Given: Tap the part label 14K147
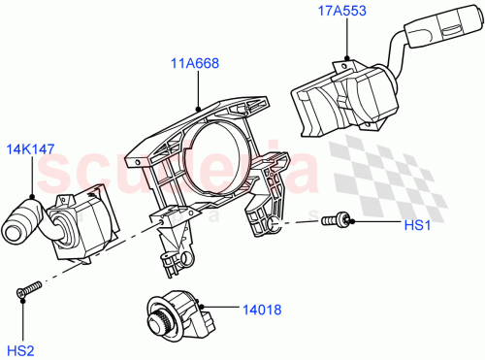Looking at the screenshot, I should (x=31, y=152).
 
